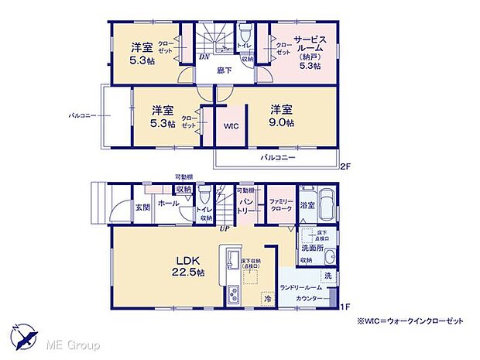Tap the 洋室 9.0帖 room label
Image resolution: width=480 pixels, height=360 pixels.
point(282,116)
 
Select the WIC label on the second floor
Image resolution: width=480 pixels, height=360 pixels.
point(231,125)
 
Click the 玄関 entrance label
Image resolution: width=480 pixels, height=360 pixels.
point(142,207)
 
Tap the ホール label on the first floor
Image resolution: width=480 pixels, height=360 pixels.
point(168,203)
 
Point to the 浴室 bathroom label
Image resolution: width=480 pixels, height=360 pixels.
point(307,205)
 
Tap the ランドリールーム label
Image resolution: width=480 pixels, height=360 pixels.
point(303,287)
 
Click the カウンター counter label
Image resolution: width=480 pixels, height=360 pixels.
point(308,297)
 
